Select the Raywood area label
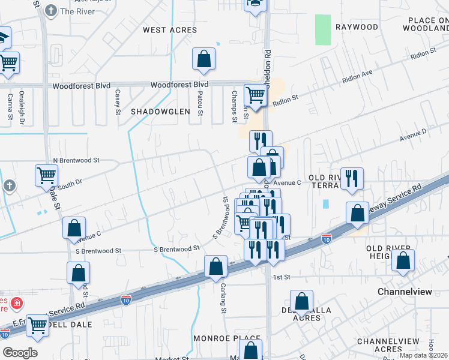[357, 27]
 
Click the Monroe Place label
[226, 339]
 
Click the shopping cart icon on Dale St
[46, 175]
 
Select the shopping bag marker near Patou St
[203, 59]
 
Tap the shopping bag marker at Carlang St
[215, 266]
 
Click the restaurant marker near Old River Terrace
[352, 178]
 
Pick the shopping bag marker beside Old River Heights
[404, 261]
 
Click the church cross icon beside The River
[51, 11]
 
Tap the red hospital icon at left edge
[17, 304]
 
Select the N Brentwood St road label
[76, 161]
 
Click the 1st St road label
[282, 277]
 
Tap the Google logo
[20, 353]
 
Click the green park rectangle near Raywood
[323, 29]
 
